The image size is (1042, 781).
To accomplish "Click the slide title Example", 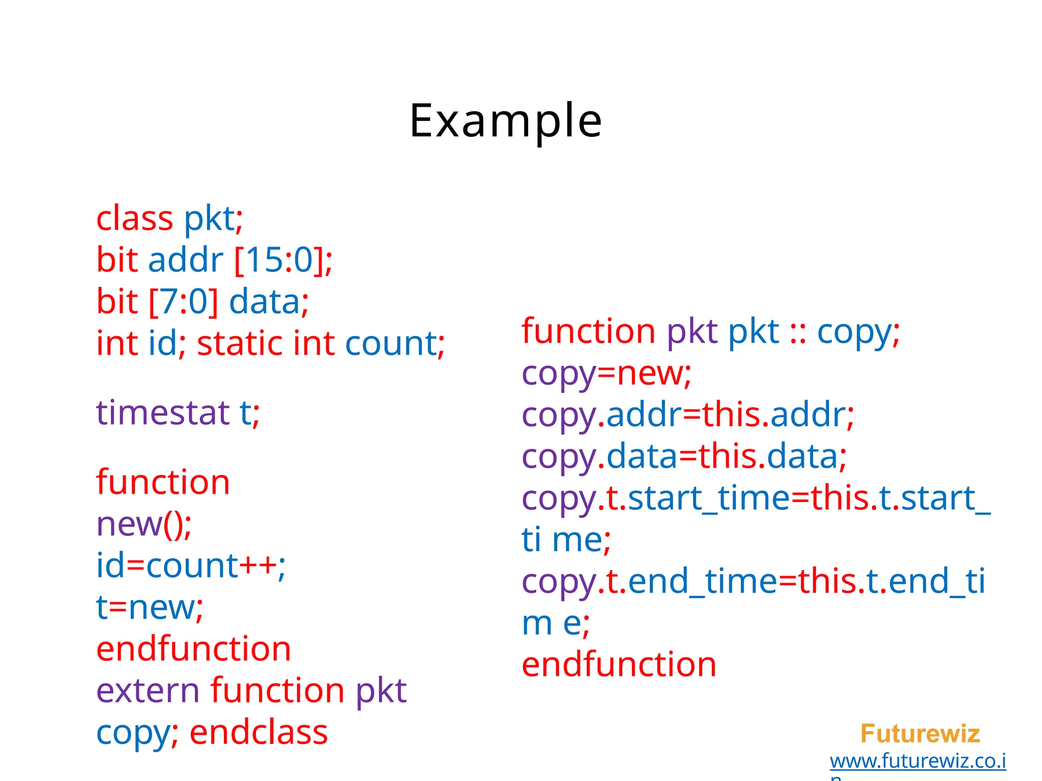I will [505, 121].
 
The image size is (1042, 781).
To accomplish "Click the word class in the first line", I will [135, 219].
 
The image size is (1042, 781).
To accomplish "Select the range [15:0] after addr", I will [283, 260].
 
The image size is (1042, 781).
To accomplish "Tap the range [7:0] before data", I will [184, 302].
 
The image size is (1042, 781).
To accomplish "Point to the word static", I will [239, 344].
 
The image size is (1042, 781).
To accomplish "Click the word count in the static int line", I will [391, 344].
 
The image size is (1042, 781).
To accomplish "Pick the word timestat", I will [163, 412].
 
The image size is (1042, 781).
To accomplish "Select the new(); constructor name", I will [144, 524].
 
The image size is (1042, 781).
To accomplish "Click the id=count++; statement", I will [191, 566].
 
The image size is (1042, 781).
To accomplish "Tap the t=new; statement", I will [150, 608].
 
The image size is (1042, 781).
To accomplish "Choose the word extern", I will [148, 691].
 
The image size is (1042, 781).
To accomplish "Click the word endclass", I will [258, 733].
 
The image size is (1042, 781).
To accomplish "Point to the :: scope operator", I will [798, 333].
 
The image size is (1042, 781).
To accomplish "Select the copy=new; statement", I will [606, 374].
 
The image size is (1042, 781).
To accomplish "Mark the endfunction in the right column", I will [619, 665].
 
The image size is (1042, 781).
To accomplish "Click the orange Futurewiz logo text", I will [920, 734].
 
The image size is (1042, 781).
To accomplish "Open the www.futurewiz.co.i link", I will [918, 761].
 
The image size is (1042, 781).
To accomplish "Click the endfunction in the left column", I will [193, 649].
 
